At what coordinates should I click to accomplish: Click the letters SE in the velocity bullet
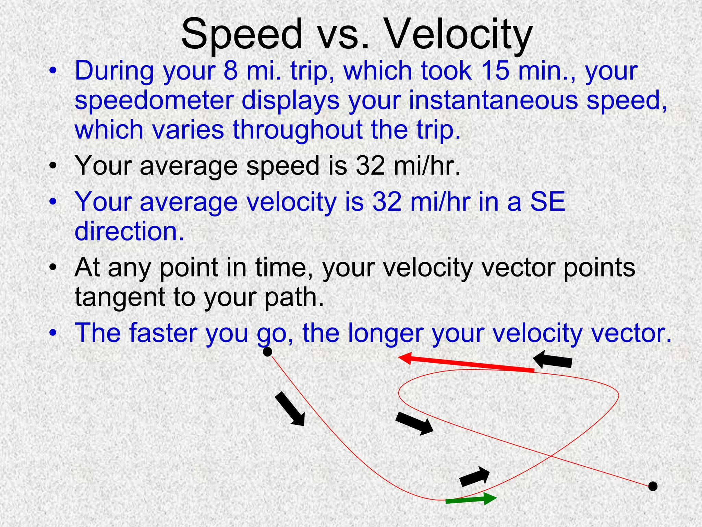point(547,202)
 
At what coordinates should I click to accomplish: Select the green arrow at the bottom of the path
point(471,500)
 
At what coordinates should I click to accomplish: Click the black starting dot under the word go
point(267,352)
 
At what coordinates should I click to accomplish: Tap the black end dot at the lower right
point(653,486)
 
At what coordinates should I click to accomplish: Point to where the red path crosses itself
point(550,456)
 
